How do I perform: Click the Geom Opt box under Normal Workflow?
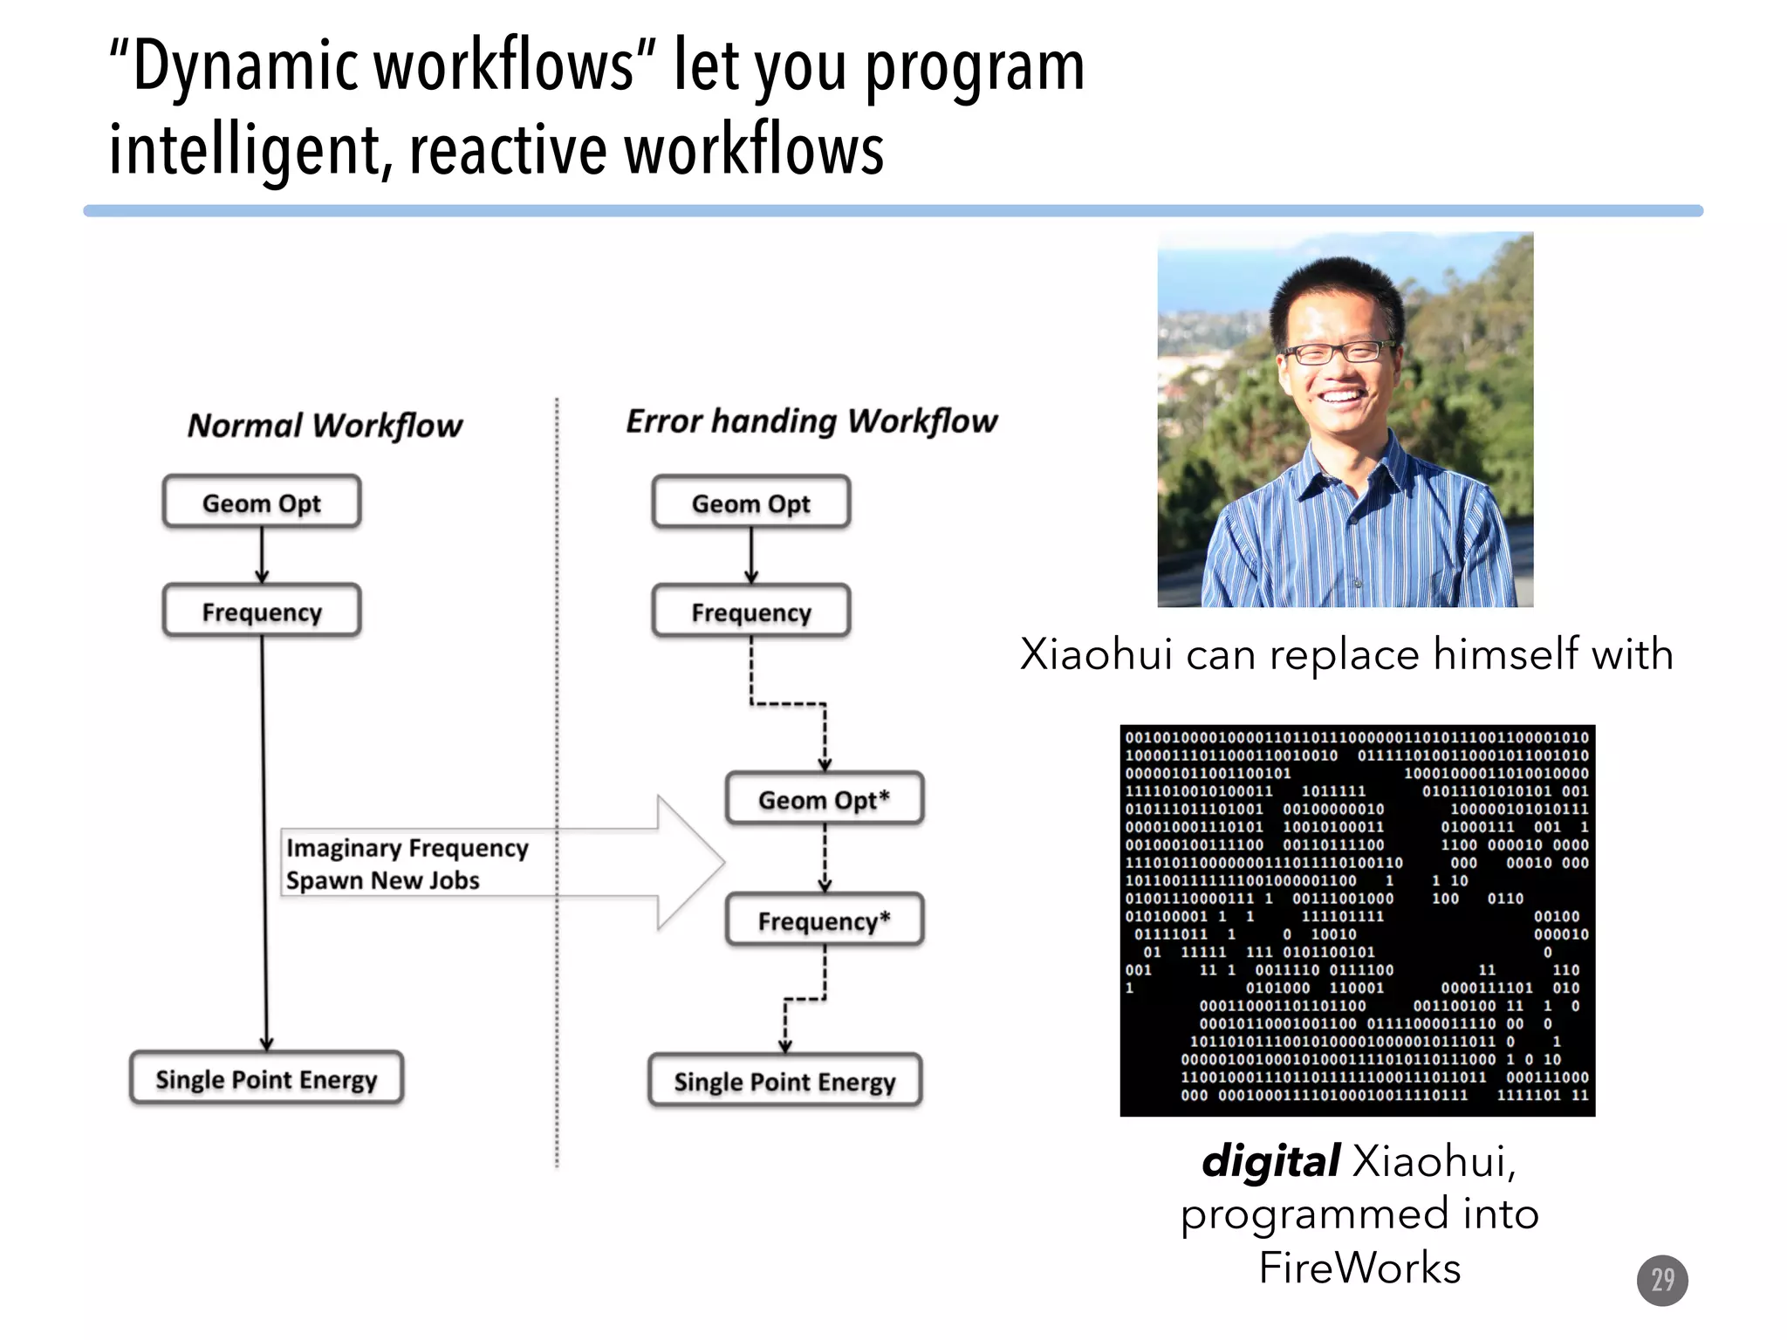pos(262,502)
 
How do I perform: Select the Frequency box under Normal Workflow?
pos(262,612)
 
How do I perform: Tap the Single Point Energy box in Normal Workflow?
pos(266,1079)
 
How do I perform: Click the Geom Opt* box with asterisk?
pos(824,799)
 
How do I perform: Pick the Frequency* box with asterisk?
pos(824,920)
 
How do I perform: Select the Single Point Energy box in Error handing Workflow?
pos(784,1082)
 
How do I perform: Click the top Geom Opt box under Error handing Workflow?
pos(750,503)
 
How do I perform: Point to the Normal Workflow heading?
pos(325,426)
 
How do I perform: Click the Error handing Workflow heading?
pos(811,421)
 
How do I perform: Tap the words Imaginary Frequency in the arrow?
pos(407,848)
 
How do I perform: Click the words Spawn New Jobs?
pos(383,880)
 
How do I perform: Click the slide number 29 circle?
pos(1662,1280)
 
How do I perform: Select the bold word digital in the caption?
pos(1270,1161)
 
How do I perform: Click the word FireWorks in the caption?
pos(1359,1268)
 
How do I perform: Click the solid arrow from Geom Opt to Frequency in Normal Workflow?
pos(262,555)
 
